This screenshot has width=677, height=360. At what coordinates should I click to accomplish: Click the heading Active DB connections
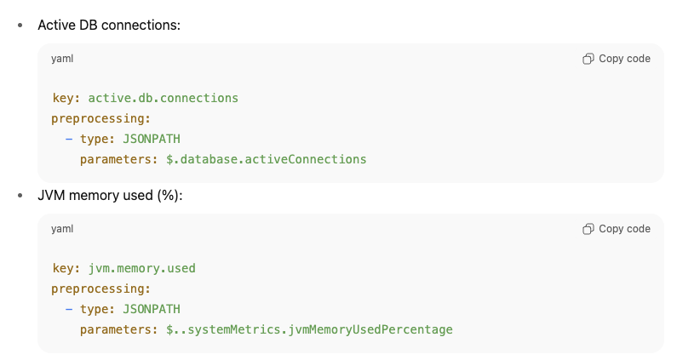point(109,25)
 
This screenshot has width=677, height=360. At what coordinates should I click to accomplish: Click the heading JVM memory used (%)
point(110,195)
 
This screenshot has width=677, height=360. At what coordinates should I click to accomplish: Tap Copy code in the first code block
point(617,59)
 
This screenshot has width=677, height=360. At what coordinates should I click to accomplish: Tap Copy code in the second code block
point(617,229)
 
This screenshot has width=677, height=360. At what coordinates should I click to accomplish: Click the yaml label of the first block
point(62,59)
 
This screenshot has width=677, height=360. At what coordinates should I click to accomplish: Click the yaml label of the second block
point(62,229)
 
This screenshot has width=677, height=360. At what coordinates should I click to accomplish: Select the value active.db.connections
point(163,98)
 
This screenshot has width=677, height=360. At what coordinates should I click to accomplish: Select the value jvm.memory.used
point(141,268)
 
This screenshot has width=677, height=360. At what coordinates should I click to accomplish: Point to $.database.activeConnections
point(266,159)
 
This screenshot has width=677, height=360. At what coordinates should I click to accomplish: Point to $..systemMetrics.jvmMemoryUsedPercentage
point(309,329)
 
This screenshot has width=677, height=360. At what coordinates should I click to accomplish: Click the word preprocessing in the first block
point(100,118)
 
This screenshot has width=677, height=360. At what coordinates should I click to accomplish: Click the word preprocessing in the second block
point(100,289)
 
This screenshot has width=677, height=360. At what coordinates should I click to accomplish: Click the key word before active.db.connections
point(65,98)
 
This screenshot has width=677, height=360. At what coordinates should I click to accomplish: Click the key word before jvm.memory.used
point(65,268)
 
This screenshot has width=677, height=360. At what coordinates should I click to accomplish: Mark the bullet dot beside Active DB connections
point(20,25)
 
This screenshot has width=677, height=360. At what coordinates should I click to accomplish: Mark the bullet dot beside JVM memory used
point(20,195)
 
